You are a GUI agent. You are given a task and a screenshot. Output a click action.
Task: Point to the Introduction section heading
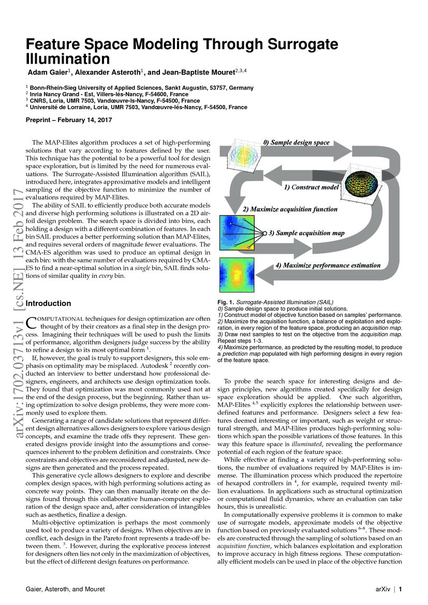(48, 303)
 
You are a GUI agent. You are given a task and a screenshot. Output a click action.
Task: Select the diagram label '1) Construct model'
(311, 187)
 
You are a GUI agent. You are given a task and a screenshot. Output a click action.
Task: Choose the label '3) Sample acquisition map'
(310, 233)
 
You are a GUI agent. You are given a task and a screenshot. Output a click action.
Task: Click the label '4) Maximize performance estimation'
(328, 265)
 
